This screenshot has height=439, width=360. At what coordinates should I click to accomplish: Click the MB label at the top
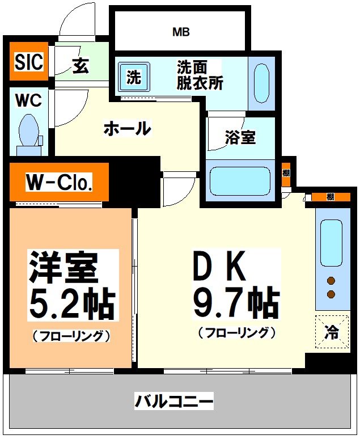tap(181, 32)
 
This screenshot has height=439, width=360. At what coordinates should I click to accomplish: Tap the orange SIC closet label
tap(29, 62)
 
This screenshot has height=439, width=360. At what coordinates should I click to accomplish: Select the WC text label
tap(28, 100)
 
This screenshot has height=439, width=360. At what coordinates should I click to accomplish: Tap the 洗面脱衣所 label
tap(200, 75)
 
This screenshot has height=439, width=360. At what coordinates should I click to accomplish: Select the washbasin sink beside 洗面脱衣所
tap(261, 79)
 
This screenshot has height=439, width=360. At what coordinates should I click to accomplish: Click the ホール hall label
tap(127, 129)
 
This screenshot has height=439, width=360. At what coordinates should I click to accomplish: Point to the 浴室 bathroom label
tap(240, 137)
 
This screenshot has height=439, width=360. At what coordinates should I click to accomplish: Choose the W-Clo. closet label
tap(59, 183)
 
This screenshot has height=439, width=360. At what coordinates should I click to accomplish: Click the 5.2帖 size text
tap(72, 306)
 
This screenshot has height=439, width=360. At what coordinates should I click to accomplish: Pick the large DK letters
tap(220, 267)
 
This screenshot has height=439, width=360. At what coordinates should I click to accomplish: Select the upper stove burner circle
tap(331, 280)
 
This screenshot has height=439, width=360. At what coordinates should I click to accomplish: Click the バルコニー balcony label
tap(173, 402)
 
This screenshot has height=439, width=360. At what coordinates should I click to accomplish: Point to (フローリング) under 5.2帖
tap(71, 336)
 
